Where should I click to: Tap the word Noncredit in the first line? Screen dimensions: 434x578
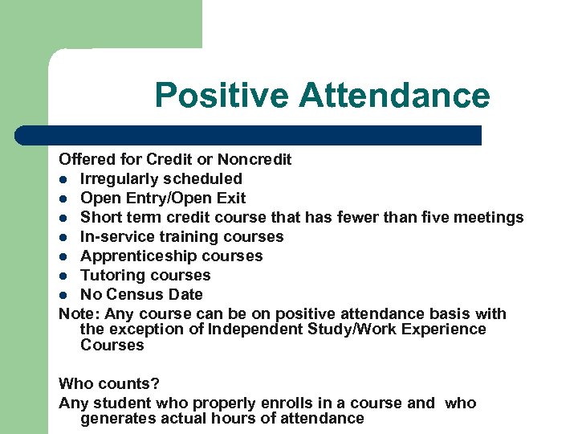click(254, 160)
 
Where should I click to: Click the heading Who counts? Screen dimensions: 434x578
click(109, 384)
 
